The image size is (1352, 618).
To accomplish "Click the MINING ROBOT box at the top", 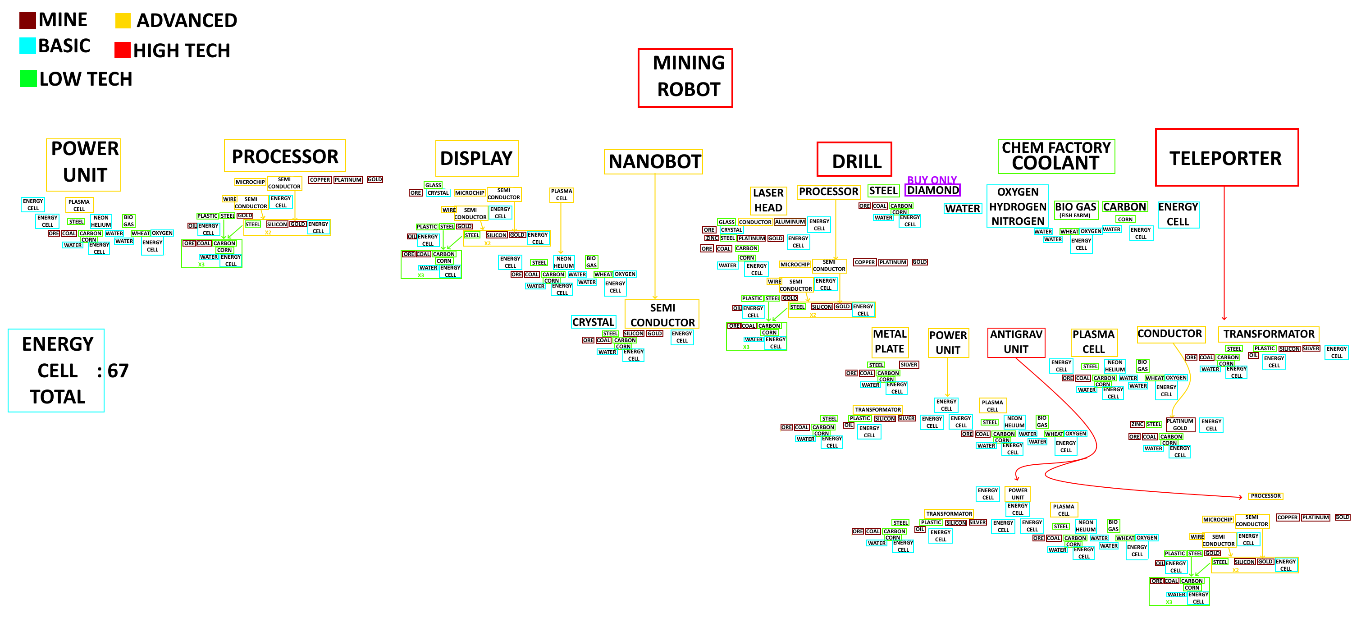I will [x=685, y=78].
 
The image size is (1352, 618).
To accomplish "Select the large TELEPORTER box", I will [x=1227, y=157].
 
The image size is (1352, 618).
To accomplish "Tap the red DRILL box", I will [x=854, y=160].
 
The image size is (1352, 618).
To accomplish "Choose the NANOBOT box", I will [x=653, y=162].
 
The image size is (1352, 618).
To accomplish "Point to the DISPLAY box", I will [x=476, y=159].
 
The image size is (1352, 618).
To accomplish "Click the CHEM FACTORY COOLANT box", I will [x=1056, y=156].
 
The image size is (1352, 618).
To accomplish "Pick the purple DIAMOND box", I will [x=932, y=190].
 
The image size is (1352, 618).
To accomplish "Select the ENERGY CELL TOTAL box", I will [x=56, y=370].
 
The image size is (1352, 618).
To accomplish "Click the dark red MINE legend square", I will [x=27, y=20].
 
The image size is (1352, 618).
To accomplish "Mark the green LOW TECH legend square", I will [x=28, y=79].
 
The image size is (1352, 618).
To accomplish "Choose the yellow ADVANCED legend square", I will [x=123, y=20].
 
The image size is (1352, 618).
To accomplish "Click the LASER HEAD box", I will [x=768, y=200].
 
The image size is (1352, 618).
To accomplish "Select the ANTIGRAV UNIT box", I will [x=1016, y=342].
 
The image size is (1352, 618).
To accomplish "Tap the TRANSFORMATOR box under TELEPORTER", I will [x=1268, y=334].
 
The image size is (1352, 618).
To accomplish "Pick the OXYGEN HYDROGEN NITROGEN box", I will [x=1017, y=206].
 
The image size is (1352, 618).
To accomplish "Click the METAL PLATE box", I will [x=889, y=341].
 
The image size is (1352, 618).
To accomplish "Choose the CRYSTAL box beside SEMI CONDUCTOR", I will [x=593, y=322].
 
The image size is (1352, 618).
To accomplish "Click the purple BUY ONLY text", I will [x=932, y=179].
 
